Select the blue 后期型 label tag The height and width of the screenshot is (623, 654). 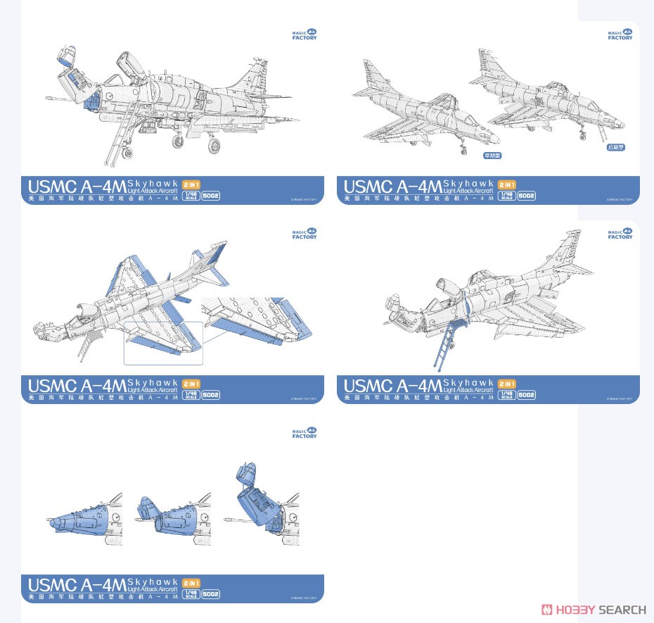[x=615, y=147]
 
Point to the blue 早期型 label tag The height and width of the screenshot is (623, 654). [x=492, y=156]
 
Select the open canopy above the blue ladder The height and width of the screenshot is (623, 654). [x=450, y=289]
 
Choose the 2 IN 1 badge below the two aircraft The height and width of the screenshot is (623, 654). [x=506, y=184]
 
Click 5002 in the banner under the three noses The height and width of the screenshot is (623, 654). [x=211, y=593]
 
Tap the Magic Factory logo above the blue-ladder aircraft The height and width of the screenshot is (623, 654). [x=620, y=233]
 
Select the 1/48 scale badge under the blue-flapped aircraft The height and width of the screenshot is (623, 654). [x=190, y=395]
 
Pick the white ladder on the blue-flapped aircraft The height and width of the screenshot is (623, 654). [x=89, y=346]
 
